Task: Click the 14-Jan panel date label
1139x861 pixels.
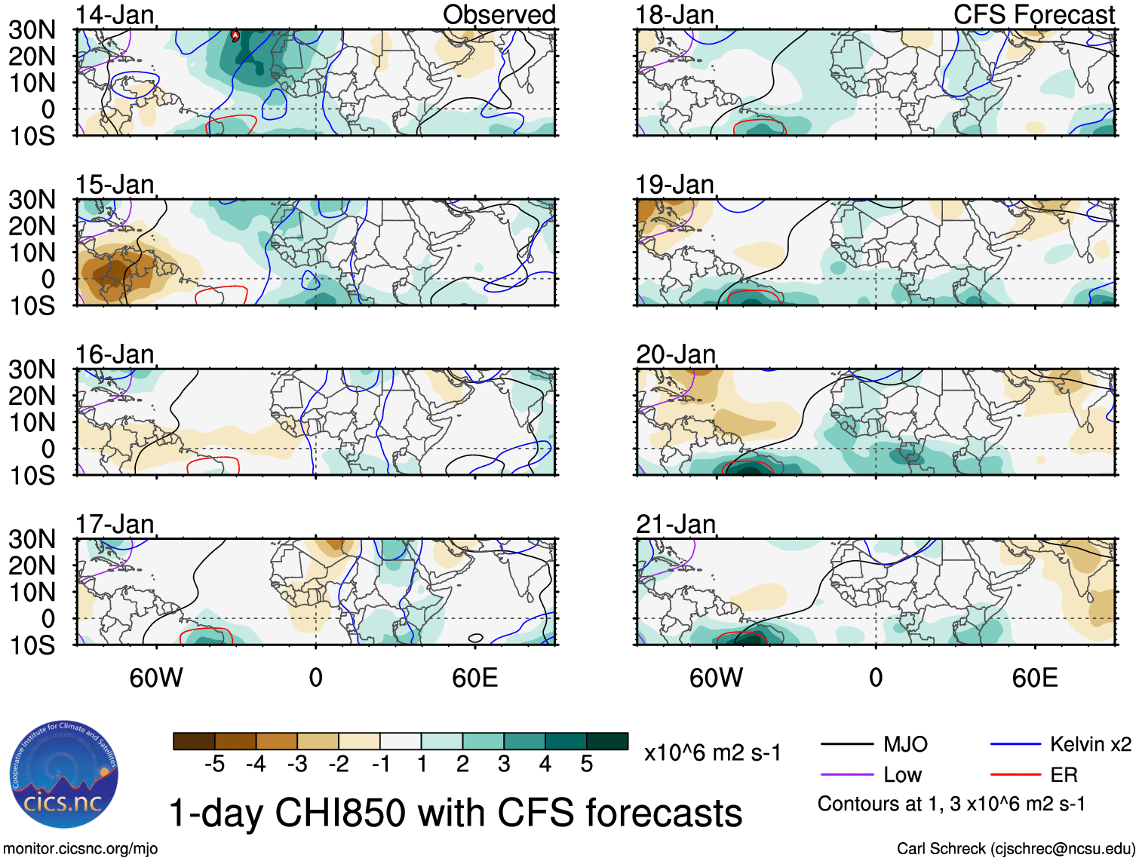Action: coord(115,14)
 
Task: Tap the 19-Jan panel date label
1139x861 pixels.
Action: coord(675,184)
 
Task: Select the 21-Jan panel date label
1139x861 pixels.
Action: coord(675,523)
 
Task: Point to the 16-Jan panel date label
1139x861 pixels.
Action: coord(115,354)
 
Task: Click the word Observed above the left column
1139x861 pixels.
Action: coord(499,14)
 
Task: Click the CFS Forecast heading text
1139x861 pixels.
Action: coord(1033,14)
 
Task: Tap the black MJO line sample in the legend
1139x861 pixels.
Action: coord(846,745)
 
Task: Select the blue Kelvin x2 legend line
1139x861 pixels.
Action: coord(1015,745)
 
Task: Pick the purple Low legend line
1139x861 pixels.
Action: coord(846,774)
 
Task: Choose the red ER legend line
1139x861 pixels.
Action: coord(1015,774)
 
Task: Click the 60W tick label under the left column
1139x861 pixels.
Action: coord(156,678)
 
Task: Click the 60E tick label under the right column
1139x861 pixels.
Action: coord(1034,678)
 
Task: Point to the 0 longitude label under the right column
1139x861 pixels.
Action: coord(875,678)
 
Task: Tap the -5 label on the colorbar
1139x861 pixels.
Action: coord(214,764)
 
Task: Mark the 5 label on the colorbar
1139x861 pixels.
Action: coord(586,764)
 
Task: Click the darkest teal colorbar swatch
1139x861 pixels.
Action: coord(607,741)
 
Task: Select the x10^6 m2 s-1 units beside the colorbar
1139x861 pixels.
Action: coord(712,752)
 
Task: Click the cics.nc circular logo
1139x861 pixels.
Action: coord(64,774)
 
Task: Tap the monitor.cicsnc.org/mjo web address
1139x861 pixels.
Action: coord(81,849)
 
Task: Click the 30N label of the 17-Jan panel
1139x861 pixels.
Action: coord(32,539)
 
